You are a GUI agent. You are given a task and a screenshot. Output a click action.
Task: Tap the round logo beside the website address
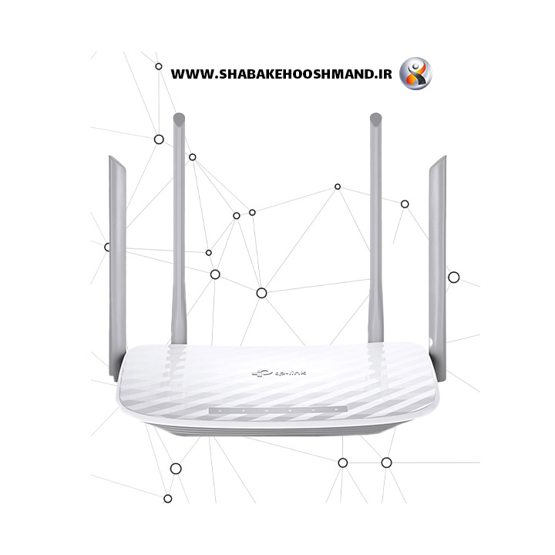[415, 73]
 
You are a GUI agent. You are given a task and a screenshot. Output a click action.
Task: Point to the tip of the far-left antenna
[111, 159]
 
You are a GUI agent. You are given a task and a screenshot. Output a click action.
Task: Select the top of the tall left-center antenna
[179, 117]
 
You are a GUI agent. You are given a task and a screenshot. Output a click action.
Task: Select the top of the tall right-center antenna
[375, 117]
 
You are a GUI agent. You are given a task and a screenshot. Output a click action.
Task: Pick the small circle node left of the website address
[159, 66]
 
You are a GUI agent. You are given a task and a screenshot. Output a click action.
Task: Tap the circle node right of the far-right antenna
[454, 277]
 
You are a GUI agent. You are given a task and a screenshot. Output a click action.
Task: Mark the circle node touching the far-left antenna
[108, 247]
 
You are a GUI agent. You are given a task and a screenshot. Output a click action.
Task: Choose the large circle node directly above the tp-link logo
[261, 293]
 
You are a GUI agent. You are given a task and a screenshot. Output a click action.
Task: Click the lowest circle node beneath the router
[168, 499]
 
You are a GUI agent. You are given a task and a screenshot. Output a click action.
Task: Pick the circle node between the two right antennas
[405, 204]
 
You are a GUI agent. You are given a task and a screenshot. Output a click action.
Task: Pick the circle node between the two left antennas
[159, 140]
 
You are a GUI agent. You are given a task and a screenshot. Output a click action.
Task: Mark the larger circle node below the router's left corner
[176, 468]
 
